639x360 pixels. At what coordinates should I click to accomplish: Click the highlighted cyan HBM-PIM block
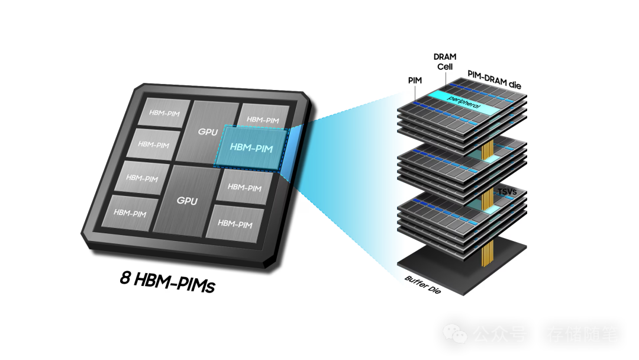coord(251,148)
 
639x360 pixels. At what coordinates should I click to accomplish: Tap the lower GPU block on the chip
coord(187,200)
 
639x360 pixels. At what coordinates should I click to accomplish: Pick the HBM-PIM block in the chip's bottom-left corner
coord(130,212)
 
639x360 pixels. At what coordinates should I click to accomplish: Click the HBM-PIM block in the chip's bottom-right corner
coord(235,223)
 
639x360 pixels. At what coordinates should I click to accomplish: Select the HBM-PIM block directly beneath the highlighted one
coord(244,187)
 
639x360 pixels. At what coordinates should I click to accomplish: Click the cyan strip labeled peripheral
coord(464,102)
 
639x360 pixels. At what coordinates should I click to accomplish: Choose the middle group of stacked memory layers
coord(461,169)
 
